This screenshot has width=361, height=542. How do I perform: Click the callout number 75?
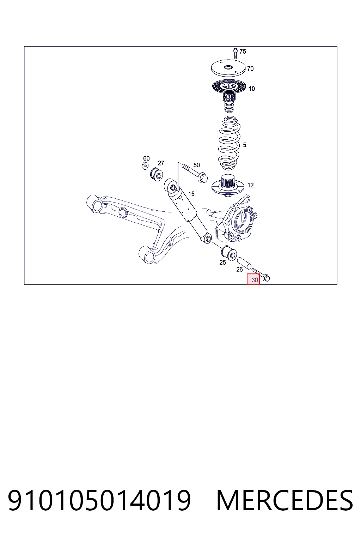pyautogui.click(x=243, y=51)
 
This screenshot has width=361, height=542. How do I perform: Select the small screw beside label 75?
pyautogui.click(x=235, y=53)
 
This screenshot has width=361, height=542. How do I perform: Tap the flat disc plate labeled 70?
pyautogui.click(x=228, y=68)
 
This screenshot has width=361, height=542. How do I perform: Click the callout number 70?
pyautogui.click(x=250, y=69)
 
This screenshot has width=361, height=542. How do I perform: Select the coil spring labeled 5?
pyautogui.click(x=229, y=143)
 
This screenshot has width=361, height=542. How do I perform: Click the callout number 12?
pyautogui.click(x=251, y=185)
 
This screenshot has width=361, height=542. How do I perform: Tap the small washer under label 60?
pyautogui.click(x=145, y=166)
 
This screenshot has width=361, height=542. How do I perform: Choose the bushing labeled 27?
pyautogui.click(x=157, y=174)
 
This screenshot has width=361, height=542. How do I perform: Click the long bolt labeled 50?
pyautogui.click(x=195, y=173)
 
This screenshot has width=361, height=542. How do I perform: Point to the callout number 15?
pyautogui.click(x=191, y=194)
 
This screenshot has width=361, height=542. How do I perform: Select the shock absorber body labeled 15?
pyautogui.click(x=188, y=211)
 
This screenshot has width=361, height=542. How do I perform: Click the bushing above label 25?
pyautogui.click(x=229, y=253)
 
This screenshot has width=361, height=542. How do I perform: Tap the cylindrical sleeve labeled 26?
pyautogui.click(x=244, y=264)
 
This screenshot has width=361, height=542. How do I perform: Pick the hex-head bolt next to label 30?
pyautogui.click(x=261, y=275)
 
